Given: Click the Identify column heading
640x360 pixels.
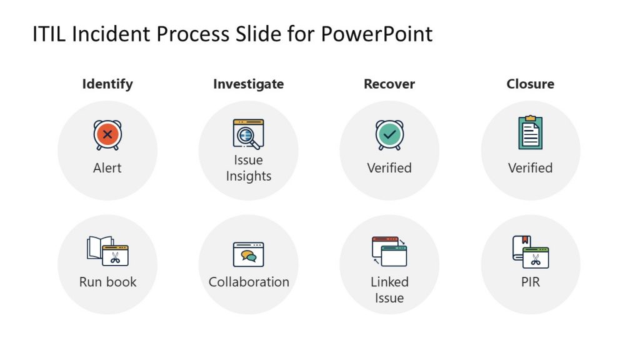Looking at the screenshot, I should (x=107, y=84).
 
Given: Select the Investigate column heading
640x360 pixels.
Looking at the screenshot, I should (x=248, y=84).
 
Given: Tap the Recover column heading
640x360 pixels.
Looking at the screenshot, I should (x=389, y=84).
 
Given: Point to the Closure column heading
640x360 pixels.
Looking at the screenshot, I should (x=530, y=84).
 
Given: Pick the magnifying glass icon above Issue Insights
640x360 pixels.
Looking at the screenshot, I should (x=248, y=134).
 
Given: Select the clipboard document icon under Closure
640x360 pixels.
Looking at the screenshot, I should (x=530, y=132).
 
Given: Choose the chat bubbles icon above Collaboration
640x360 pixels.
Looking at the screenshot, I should (x=248, y=254).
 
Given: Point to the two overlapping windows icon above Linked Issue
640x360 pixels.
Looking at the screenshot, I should (x=389, y=251).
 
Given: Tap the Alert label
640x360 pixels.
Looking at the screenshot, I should (x=107, y=168).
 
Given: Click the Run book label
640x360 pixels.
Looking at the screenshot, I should (x=107, y=282).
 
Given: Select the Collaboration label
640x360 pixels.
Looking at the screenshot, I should (x=249, y=282).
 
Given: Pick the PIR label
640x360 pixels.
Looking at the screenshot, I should (x=530, y=282).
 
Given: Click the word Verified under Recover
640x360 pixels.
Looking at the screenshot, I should (x=389, y=168).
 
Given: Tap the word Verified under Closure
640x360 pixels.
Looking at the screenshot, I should (x=530, y=168).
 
